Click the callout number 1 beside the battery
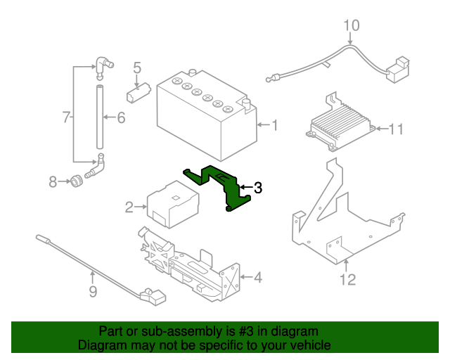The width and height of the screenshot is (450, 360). (275, 126)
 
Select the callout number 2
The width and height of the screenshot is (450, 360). (129, 207)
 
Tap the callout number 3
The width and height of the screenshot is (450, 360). (258, 188)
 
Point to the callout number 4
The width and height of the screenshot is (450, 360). (257, 277)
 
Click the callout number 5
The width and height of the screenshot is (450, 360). (137, 68)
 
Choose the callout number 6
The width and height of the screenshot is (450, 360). (120, 117)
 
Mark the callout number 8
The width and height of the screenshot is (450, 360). (53, 182)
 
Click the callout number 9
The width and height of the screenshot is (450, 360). (93, 291)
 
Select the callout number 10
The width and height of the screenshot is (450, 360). (352, 26)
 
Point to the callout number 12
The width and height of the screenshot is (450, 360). (348, 280)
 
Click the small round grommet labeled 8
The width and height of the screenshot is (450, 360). (75, 182)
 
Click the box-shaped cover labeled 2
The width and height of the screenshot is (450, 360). (172, 203)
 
